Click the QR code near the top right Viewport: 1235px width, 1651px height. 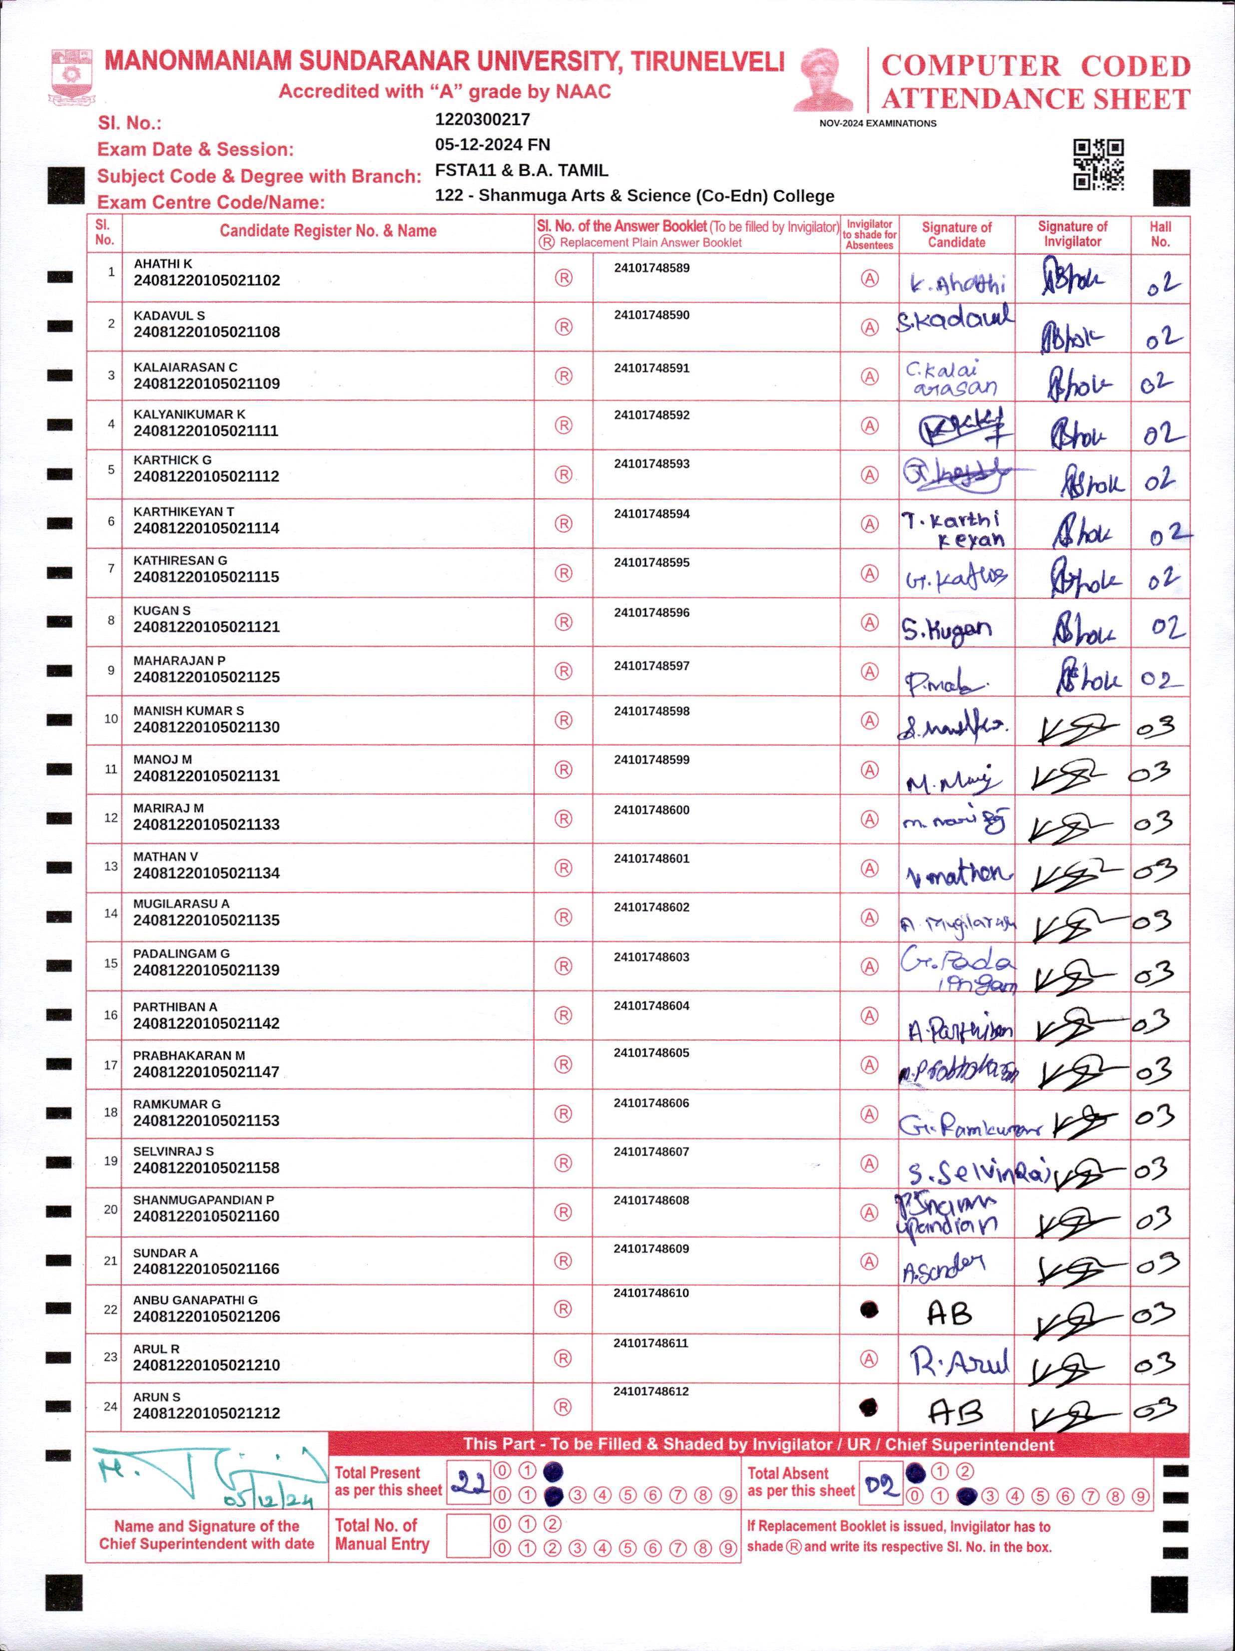(x=1098, y=164)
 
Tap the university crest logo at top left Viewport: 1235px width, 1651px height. (x=71, y=76)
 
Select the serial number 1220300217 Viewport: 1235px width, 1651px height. (x=482, y=119)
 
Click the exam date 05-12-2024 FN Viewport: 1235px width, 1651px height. (x=492, y=145)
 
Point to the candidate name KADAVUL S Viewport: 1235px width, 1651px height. (x=169, y=316)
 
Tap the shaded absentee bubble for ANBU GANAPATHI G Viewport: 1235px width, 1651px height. (x=869, y=1309)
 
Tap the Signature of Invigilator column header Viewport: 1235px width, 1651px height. (x=1072, y=234)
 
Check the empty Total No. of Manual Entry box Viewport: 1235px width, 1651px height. (x=468, y=1536)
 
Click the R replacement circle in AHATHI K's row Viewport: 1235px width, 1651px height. (x=564, y=278)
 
